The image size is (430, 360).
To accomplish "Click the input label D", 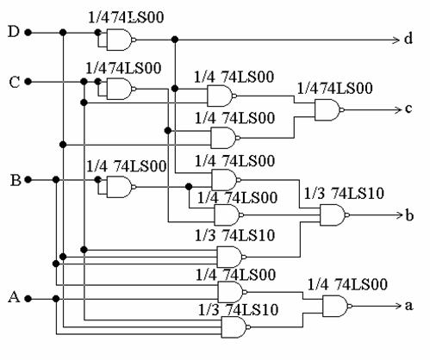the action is click(14, 32).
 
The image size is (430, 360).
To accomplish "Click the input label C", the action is click(15, 82).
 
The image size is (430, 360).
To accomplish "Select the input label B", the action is click(16, 181).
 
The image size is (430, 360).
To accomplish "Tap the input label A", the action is click(14, 297).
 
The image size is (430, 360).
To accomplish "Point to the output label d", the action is click(408, 38).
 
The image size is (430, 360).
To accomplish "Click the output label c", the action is click(408, 109).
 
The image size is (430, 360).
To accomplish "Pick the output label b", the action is click(409, 214).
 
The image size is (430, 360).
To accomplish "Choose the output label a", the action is click(408, 306).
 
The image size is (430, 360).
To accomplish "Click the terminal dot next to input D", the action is click(28, 33).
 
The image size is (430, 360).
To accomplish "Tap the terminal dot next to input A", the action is click(28, 299).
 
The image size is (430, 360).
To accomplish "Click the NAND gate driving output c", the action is click(329, 109).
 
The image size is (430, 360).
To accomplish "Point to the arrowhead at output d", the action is click(396, 40).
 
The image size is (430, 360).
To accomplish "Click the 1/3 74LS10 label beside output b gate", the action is click(344, 193).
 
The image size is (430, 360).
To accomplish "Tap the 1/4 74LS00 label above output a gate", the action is click(347, 284).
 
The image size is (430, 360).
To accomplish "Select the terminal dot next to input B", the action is click(28, 180).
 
